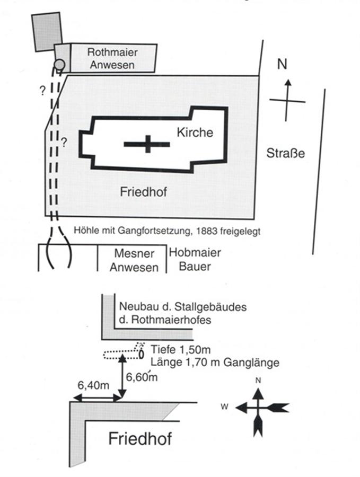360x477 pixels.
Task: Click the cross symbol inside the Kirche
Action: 147,144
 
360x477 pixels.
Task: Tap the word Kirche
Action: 195,132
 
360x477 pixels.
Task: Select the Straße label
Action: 286,154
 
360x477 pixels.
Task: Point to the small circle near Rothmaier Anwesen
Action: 60,65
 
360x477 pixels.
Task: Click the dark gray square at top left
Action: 47,31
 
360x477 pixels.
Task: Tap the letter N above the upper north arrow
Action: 283,65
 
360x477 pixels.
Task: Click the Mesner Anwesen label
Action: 134,260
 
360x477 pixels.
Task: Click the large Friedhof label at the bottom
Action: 141,438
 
